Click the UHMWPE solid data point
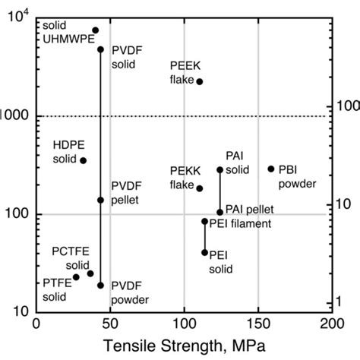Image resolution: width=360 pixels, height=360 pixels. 95,30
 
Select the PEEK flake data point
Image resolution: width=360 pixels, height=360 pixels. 200,81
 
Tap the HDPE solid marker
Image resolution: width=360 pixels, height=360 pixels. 83,160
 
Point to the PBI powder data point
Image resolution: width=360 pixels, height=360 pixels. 271,169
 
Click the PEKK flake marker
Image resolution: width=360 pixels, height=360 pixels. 200,188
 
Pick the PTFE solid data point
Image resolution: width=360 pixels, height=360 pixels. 76,277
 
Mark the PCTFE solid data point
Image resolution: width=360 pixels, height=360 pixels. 90,273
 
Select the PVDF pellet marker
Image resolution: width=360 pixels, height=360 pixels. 100,200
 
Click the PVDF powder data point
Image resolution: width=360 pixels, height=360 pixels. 100,286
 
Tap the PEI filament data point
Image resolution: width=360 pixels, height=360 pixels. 204,221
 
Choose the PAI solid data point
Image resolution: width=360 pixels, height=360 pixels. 220,170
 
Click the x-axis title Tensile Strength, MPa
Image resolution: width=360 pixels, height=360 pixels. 184,346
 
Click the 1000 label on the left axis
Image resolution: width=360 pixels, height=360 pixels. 14,115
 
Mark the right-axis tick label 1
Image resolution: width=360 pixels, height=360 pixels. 340,302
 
